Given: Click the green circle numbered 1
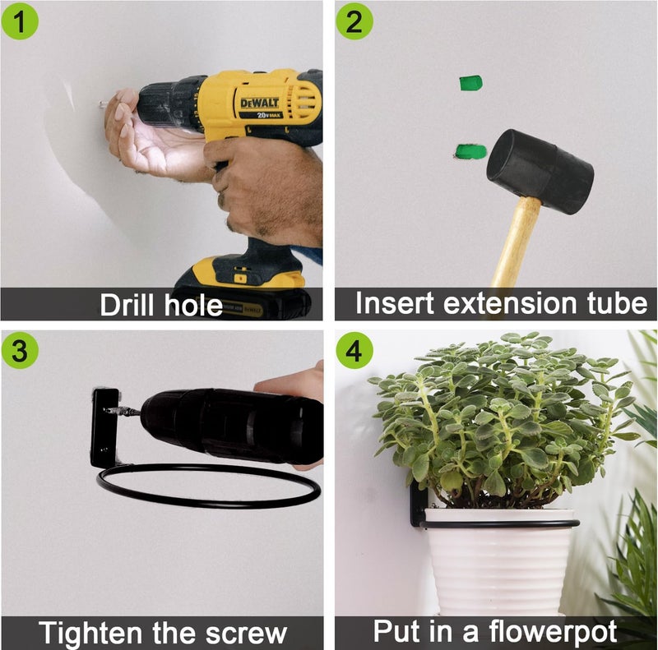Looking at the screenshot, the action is click(20, 21).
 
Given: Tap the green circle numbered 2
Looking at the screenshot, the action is click(354, 21).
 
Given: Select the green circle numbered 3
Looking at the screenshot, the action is click(20, 350).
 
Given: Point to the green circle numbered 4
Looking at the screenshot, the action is click(354, 350).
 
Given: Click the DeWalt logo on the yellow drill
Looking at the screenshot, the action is click(259, 104).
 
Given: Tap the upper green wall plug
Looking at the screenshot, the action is click(470, 83).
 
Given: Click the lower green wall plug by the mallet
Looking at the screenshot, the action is click(470, 151).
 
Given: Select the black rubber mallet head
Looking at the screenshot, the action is click(540, 172).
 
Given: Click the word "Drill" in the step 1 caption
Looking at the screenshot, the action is click(127, 305).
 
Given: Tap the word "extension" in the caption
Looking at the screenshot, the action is click(512, 302).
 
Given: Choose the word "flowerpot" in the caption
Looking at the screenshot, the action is click(553, 632).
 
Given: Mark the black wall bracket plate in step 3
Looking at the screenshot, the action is click(105, 428).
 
